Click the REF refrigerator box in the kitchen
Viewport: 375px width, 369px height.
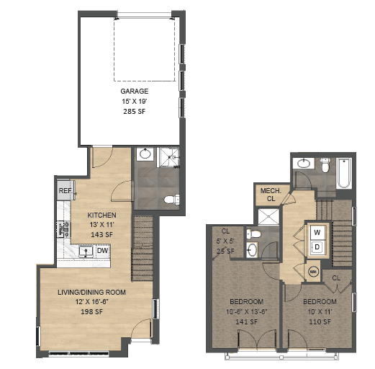pyautogui.click(x=65, y=191)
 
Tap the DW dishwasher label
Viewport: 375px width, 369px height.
pyautogui.click(x=103, y=251)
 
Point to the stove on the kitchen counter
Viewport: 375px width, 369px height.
pyautogui.click(x=60, y=230)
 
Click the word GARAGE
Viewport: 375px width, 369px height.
pyautogui.click(x=135, y=92)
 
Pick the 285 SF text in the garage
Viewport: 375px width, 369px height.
pyautogui.click(x=135, y=112)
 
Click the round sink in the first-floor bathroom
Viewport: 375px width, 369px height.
pyautogui.click(x=145, y=154)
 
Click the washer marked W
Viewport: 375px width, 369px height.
pyautogui.click(x=317, y=233)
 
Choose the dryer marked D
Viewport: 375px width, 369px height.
pyautogui.click(x=317, y=247)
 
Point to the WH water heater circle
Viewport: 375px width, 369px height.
pyautogui.click(x=314, y=272)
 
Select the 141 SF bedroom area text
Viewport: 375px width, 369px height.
pyautogui.click(x=246, y=322)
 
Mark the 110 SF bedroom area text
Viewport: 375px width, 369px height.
pyautogui.click(x=320, y=322)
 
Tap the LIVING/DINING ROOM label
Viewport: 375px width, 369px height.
pyautogui.click(x=96, y=292)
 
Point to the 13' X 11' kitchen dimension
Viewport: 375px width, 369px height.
pyautogui.click(x=101, y=224)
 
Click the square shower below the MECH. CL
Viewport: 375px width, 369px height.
pyautogui.click(x=268, y=217)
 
